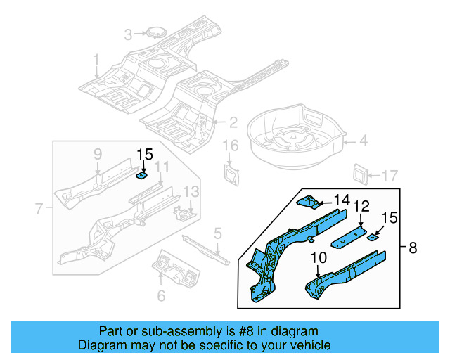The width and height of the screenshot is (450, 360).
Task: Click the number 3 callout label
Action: (x=128, y=34)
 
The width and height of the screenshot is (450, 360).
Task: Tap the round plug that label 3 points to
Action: (x=153, y=33)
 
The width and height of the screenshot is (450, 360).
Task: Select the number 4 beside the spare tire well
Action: (x=363, y=141)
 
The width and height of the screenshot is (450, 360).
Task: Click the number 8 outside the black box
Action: (x=412, y=247)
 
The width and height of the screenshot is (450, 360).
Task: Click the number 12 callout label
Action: (x=361, y=206)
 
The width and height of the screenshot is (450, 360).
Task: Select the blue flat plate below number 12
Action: (x=349, y=235)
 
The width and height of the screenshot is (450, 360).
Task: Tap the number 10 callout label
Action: (x=318, y=258)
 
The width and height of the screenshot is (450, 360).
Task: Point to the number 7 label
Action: (x=39, y=207)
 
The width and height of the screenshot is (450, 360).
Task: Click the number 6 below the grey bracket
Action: (x=161, y=296)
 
